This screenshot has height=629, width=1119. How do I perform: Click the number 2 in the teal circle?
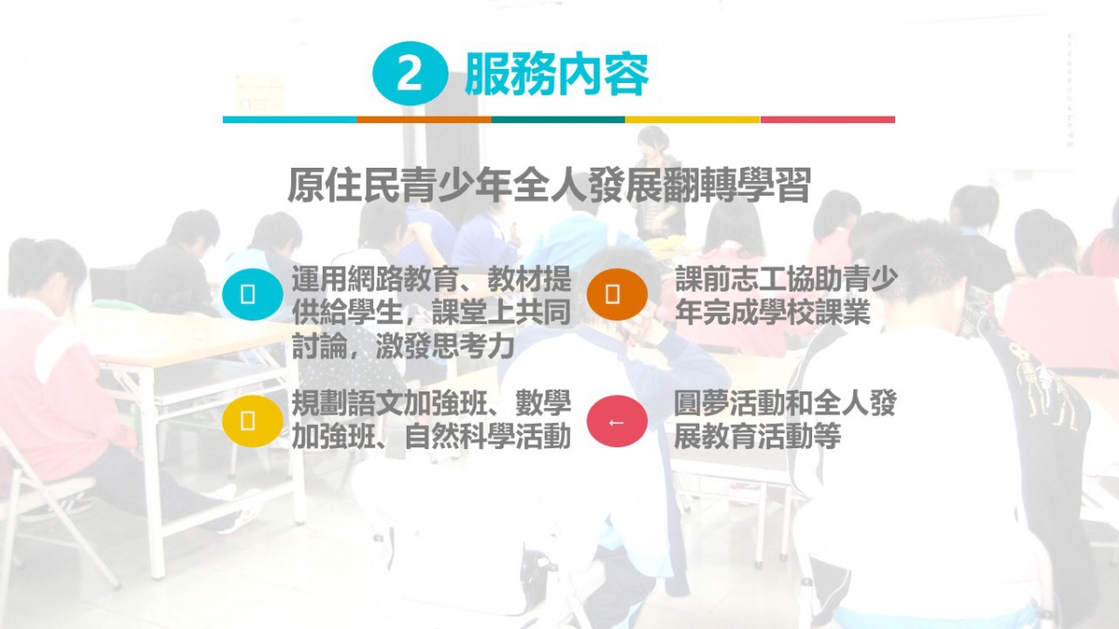(x=409, y=75)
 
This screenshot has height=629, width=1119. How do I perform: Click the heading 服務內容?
(x=557, y=75)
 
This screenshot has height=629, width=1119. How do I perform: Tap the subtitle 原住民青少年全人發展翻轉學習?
(x=548, y=185)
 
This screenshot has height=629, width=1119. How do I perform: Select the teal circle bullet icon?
(x=253, y=294)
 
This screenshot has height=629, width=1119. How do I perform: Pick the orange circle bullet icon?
(x=617, y=294)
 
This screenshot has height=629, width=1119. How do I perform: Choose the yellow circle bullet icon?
(x=253, y=421)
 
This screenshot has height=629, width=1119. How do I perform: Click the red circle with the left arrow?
(x=617, y=421)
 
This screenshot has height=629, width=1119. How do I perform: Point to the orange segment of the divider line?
(x=424, y=120)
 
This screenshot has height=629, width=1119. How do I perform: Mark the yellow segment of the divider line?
(x=692, y=120)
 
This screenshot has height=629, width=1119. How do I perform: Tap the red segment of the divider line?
(x=828, y=120)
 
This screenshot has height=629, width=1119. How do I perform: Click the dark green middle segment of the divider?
(x=558, y=120)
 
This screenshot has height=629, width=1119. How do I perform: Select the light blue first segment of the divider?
(x=290, y=120)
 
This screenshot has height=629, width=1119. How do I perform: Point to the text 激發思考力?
(x=445, y=347)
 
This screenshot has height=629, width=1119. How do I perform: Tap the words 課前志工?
(x=730, y=279)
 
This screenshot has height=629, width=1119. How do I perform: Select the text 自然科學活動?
(x=488, y=436)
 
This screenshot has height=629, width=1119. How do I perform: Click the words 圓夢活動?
(x=729, y=403)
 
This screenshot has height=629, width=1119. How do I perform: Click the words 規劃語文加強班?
(x=389, y=403)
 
